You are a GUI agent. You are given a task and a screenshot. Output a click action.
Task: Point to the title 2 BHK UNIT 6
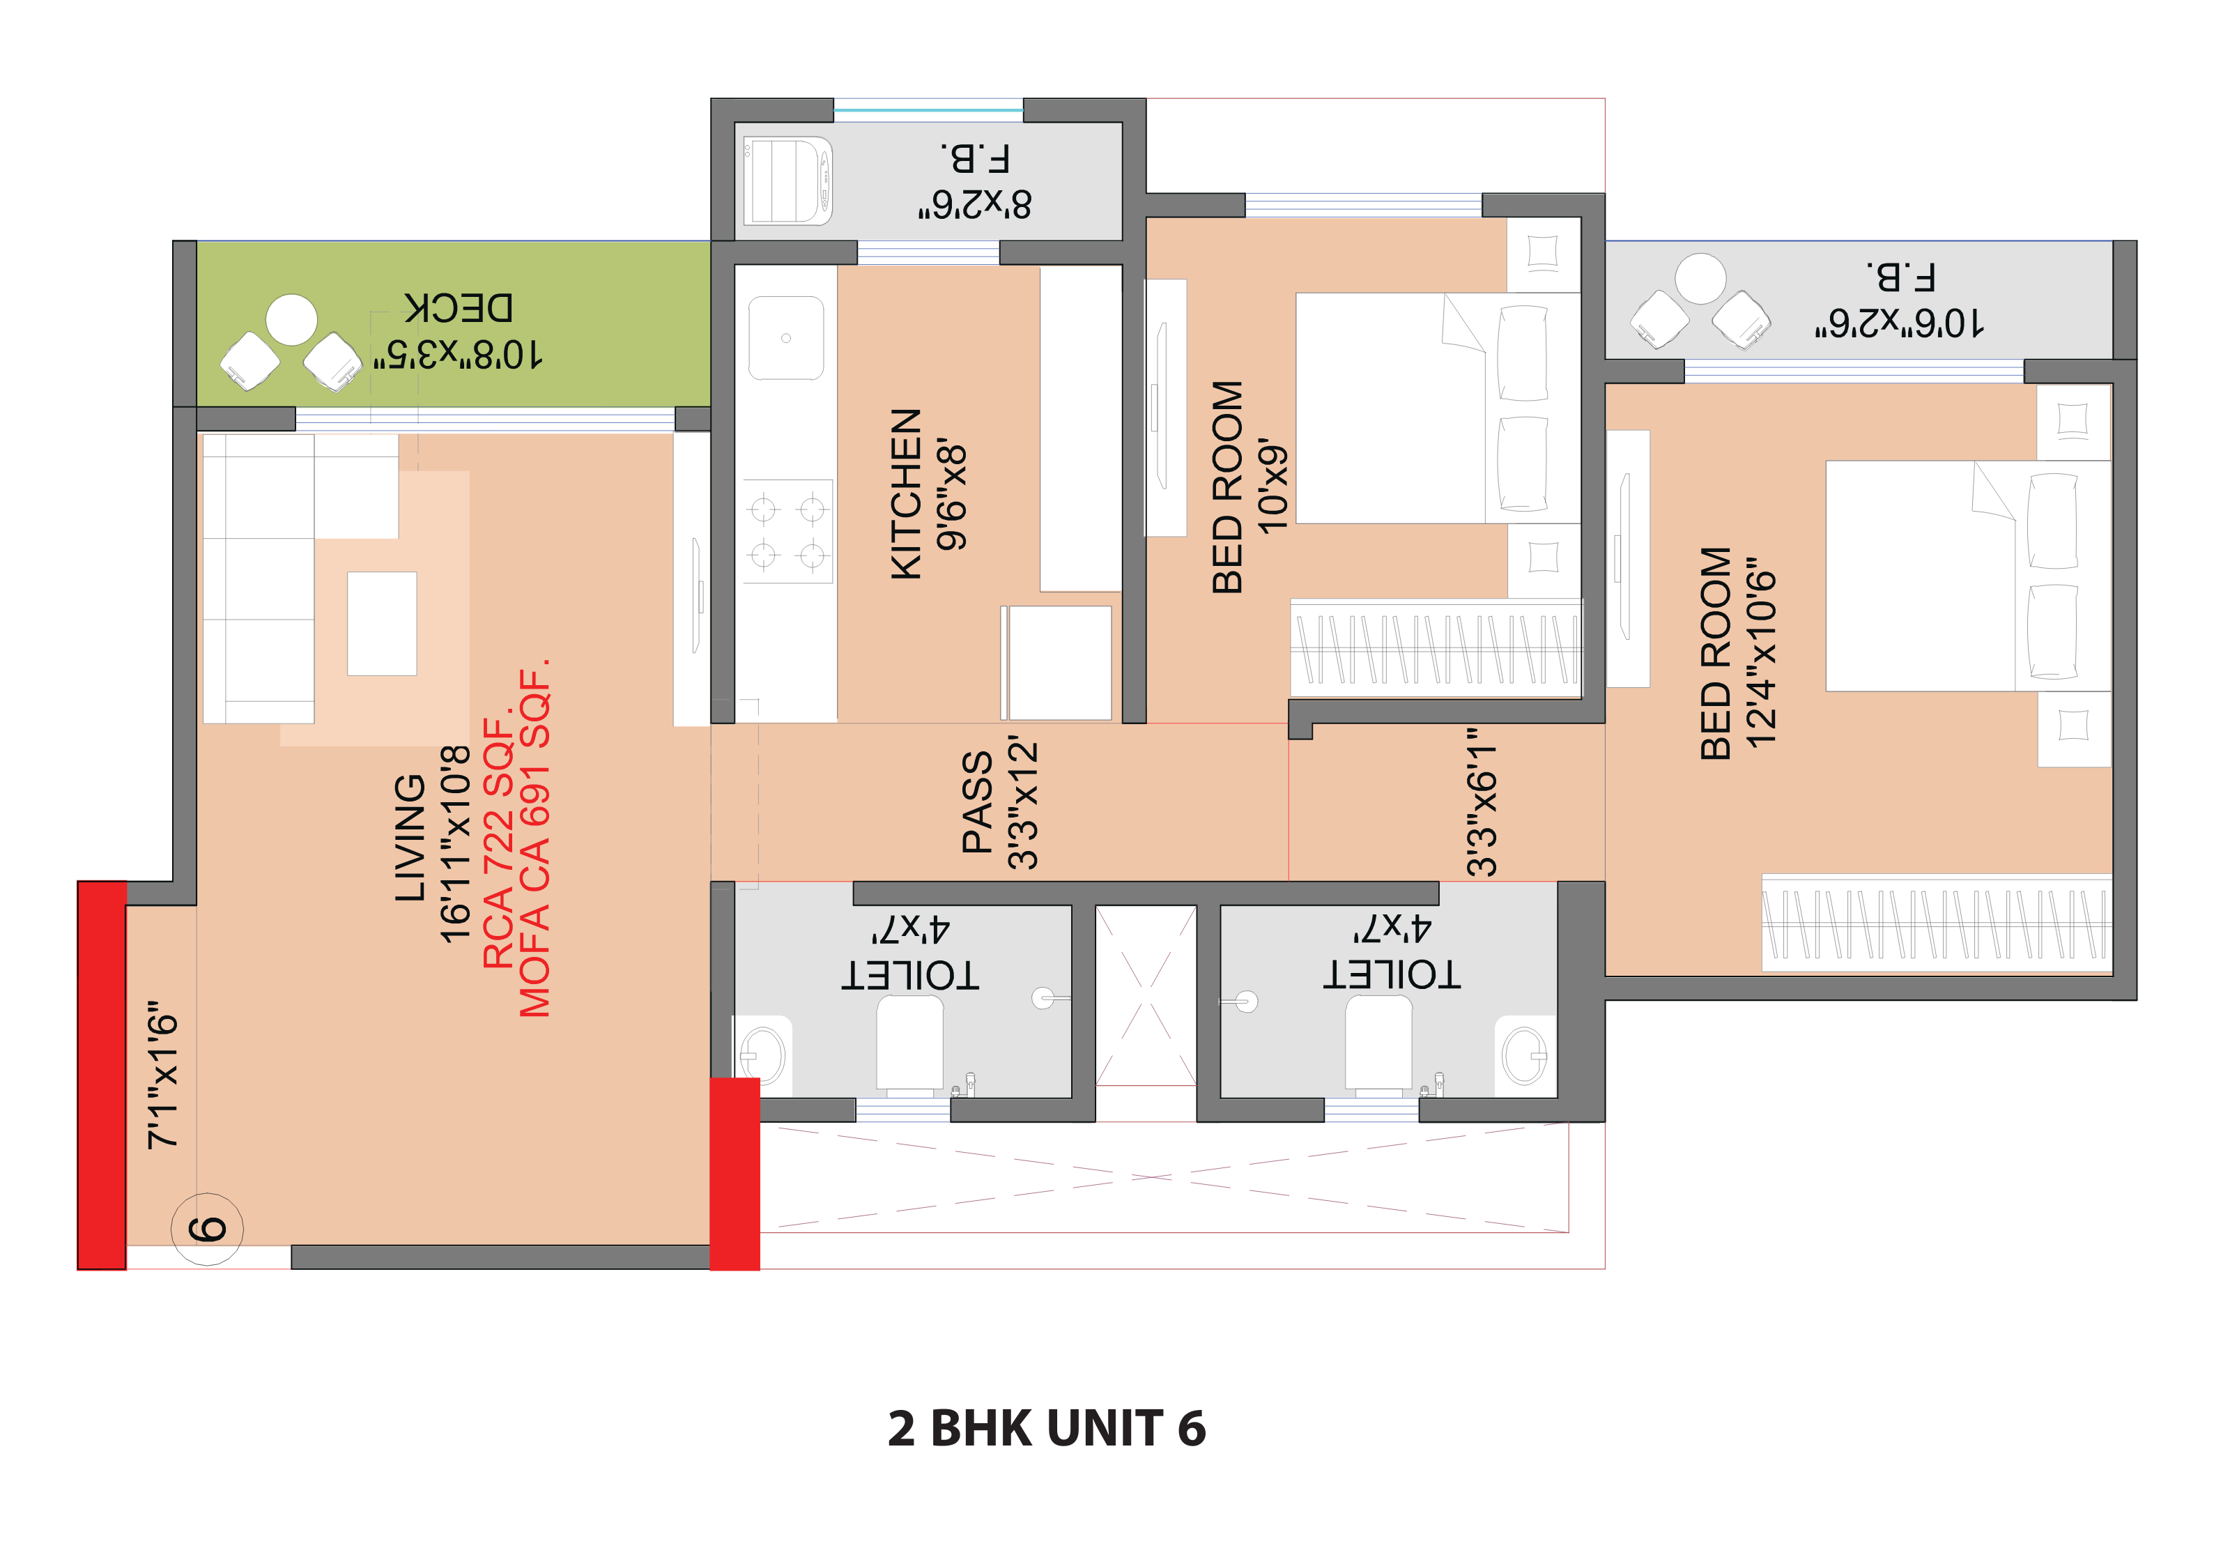coord(1046,1428)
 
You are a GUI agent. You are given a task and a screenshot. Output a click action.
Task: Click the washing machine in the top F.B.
coord(787,181)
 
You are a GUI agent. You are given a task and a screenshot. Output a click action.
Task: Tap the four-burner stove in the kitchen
coord(787,531)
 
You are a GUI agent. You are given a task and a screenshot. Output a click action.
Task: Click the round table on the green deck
coord(291,320)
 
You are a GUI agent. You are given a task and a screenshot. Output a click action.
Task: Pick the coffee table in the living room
coord(382,624)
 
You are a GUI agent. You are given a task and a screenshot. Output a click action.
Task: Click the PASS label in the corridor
coord(978,802)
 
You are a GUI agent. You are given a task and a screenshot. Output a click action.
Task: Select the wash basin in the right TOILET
coord(1525,1056)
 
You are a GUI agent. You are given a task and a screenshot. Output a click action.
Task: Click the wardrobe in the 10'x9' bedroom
coord(1436,648)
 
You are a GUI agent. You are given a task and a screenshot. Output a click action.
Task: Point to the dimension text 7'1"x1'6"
coord(163,1074)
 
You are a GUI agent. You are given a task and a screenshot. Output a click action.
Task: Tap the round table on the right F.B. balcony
coord(1700,279)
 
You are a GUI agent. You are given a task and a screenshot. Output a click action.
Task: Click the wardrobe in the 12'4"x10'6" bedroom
coord(1935,923)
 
